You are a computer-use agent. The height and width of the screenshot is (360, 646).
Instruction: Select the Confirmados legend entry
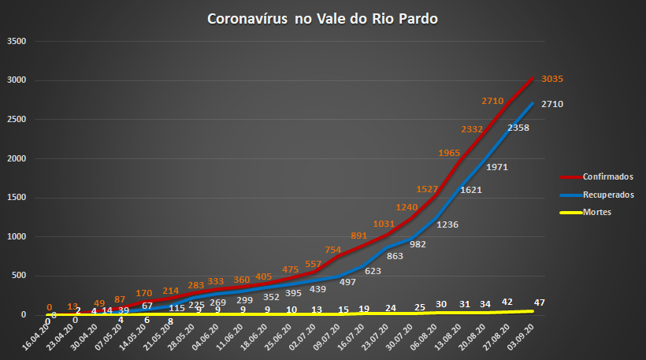(x=607, y=176)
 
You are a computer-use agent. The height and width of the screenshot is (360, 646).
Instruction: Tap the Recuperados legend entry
(x=607, y=194)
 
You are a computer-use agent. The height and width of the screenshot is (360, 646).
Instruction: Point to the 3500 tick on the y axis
(x=17, y=41)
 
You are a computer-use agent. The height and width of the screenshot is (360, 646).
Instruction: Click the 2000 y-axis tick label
(x=17, y=158)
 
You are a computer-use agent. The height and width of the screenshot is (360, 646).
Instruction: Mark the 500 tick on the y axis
(x=19, y=276)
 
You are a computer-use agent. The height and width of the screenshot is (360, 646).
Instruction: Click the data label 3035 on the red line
(x=552, y=79)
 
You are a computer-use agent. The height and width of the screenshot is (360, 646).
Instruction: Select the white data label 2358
(x=518, y=127)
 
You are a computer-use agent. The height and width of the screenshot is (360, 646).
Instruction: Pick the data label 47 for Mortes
(x=540, y=302)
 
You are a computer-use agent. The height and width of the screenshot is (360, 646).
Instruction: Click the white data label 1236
(x=447, y=225)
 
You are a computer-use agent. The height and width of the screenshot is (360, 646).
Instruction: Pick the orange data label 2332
(x=473, y=128)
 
